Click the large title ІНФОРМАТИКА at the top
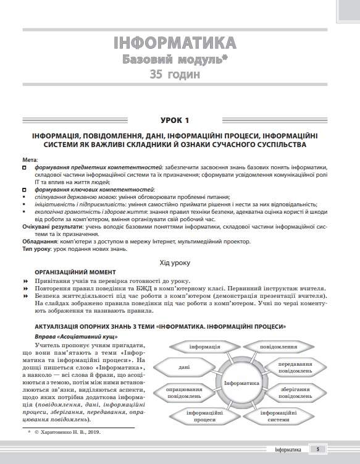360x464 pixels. tap(175, 43)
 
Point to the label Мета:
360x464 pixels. tap(29, 159)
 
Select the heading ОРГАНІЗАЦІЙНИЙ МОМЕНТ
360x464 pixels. tap(75, 272)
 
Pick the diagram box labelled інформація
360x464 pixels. tap(205, 347)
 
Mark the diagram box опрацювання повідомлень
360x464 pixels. tap(184, 394)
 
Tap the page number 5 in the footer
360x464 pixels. tap(317, 450)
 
